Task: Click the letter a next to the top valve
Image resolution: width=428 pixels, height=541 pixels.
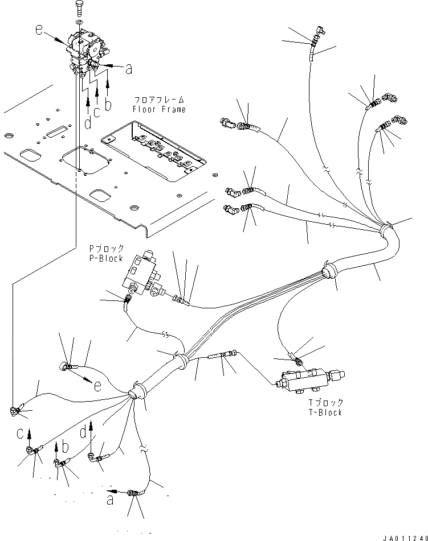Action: point(129,69)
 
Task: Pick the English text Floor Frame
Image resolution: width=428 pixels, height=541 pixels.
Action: point(159,109)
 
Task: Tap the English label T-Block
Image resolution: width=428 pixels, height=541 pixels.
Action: point(325,412)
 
